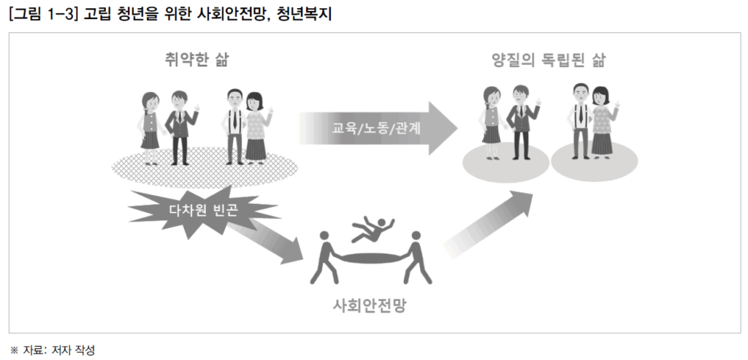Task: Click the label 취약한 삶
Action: [x=196, y=61]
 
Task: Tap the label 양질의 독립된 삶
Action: [x=548, y=61]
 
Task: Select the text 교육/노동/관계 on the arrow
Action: [x=376, y=129]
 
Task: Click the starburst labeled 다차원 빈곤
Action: [x=203, y=210]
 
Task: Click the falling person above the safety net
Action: [x=372, y=230]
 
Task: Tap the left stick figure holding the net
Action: [x=325, y=258]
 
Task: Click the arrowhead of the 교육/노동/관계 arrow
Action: [x=441, y=129]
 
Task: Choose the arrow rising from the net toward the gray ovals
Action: [x=489, y=223]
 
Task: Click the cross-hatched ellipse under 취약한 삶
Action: [x=205, y=168]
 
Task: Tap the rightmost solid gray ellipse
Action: [x=594, y=161]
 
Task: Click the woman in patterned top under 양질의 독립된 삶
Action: [x=603, y=122]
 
